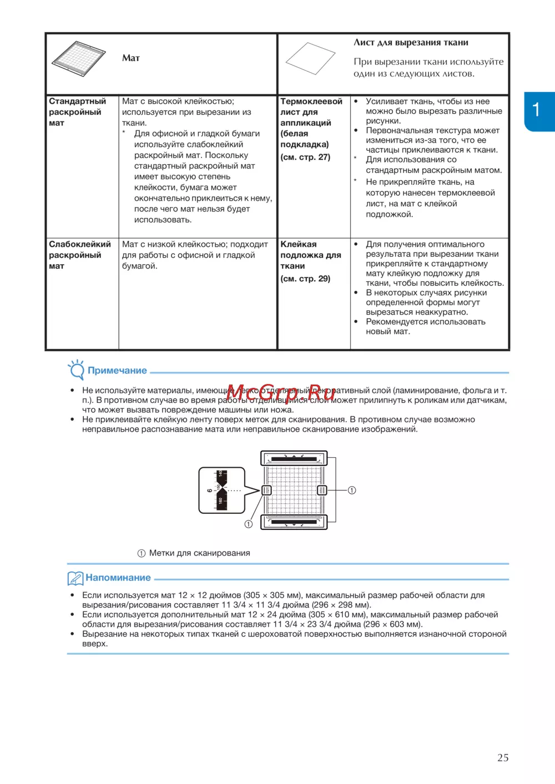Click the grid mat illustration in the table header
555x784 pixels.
click(x=78, y=58)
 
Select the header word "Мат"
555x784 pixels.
click(x=131, y=58)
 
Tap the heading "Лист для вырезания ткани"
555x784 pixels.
click(x=411, y=42)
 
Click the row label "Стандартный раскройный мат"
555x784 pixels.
click(x=77, y=112)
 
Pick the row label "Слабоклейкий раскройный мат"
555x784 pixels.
click(x=79, y=255)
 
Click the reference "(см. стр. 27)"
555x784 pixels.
click(x=305, y=157)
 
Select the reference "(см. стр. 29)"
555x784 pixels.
click(x=305, y=279)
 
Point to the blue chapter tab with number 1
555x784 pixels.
click(x=539, y=111)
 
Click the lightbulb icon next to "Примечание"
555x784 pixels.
click(x=76, y=369)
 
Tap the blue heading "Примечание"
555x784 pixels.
click(x=117, y=370)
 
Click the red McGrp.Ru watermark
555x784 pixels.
click(x=281, y=392)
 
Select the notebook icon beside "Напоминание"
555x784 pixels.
click(x=75, y=578)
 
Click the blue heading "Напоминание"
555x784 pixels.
click(x=118, y=578)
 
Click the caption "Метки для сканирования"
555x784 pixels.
click(x=199, y=553)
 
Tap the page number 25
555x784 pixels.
click(x=503, y=757)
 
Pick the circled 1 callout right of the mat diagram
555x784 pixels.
click(x=352, y=490)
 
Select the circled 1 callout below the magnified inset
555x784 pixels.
click(x=248, y=524)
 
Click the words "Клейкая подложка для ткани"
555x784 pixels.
click(x=310, y=255)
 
